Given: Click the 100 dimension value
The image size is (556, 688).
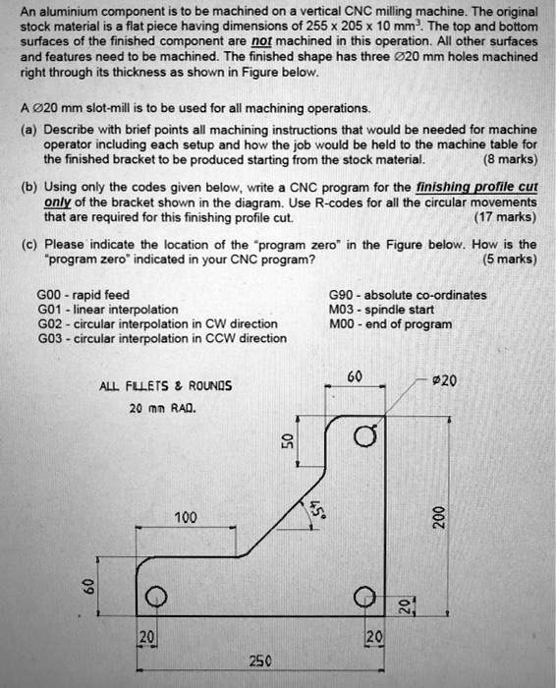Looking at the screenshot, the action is click(x=186, y=517).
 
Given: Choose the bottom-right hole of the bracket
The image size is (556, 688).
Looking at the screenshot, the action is click(x=364, y=596).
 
